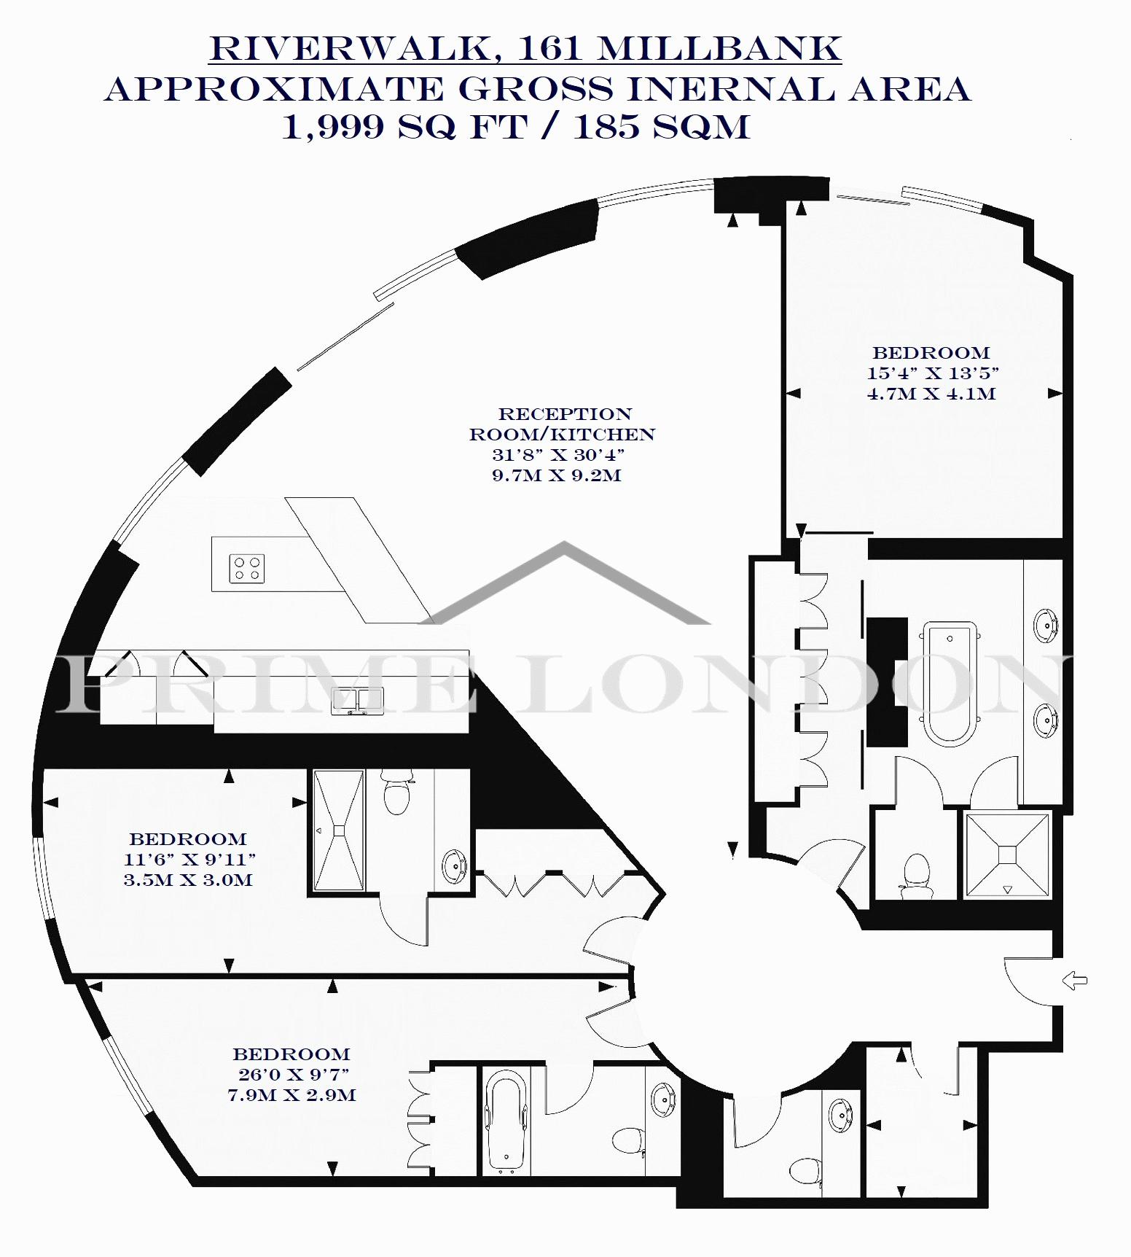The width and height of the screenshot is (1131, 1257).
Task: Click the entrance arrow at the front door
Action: [1075, 981]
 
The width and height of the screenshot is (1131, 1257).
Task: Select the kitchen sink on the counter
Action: [357, 701]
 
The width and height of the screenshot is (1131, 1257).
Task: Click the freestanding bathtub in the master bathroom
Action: [950, 682]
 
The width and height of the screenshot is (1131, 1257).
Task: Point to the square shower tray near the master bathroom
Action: [1008, 855]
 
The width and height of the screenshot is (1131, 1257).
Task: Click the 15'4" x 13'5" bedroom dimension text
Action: [932, 373]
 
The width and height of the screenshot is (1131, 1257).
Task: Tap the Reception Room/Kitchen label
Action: [562, 424]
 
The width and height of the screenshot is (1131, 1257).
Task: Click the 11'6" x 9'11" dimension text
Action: [189, 859]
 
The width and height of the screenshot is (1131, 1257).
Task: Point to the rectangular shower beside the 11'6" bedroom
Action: [339, 830]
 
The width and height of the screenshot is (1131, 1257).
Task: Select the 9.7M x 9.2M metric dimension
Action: [557, 476]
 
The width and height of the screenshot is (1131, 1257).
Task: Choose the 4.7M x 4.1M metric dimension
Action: [931, 394]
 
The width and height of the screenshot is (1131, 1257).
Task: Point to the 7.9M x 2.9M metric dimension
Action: [291, 1094]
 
